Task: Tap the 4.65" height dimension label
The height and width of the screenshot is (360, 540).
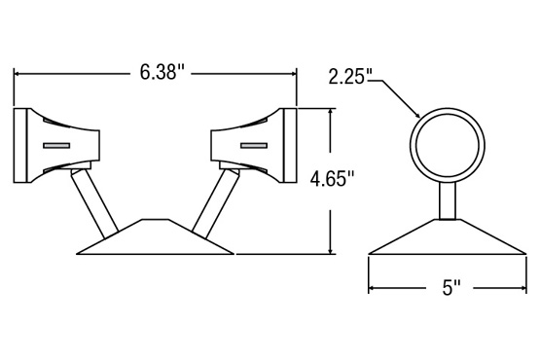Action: coord(332,179)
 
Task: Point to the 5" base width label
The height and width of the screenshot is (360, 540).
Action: coord(451,287)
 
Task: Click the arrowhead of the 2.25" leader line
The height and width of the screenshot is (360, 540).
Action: coord(416,115)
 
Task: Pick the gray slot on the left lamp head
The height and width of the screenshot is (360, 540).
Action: coord(56,146)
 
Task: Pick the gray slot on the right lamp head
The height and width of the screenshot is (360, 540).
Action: coord(254,146)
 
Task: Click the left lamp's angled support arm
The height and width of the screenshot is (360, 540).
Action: coord(94,203)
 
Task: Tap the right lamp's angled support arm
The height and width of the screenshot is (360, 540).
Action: coord(216,203)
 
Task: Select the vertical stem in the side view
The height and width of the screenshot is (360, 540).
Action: coord(448,200)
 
